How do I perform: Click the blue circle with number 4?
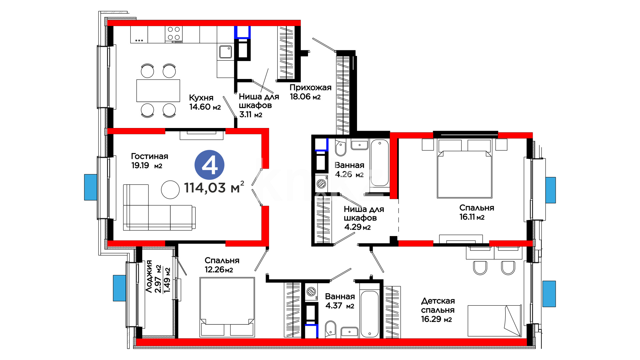pos(209,165)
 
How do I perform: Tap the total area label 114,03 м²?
pos(214,187)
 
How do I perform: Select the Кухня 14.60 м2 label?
pos(205,102)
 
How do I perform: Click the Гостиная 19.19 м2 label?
pos(150,161)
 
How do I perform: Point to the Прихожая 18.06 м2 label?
pos(310,92)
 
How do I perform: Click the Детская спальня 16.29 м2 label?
pos(438,310)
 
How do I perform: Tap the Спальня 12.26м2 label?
pos(222,265)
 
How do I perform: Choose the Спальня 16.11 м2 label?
pos(477,212)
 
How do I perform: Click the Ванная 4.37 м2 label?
pos(340,301)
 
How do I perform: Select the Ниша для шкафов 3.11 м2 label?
pos(259,105)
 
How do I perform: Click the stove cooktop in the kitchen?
pos(174,35)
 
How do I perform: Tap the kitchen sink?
pos(226,52)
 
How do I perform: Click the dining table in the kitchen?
pos(158,90)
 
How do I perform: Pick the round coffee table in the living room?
pos(170,190)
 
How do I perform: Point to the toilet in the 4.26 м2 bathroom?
pos(341,148)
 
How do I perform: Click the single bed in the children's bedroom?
pos(494,321)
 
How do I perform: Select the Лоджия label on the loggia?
pos(149,276)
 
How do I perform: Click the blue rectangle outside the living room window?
pos(91,187)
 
